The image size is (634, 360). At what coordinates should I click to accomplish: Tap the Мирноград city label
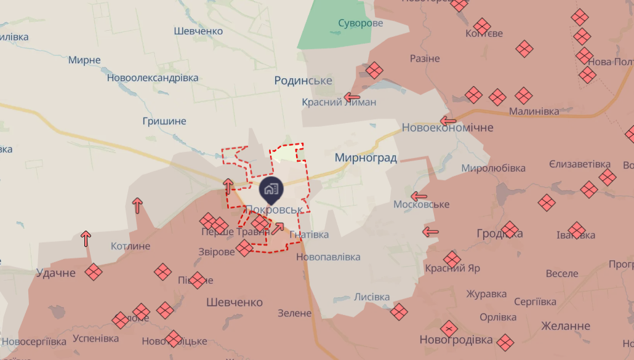pos(366,158)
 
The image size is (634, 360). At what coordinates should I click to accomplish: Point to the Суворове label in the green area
pos(360,23)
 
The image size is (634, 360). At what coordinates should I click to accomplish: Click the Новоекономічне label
pos(447,127)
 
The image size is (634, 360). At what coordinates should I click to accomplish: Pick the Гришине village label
pos(164,121)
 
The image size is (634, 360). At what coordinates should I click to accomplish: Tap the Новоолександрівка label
pos(153,78)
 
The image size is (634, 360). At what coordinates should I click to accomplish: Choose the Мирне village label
pos(84,60)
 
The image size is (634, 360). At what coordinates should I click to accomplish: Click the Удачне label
pos(55,273)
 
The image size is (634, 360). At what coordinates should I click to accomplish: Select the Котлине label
pos(130,246)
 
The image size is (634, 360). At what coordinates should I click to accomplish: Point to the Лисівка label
pos(372,297)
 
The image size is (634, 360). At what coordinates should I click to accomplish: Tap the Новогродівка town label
pos(456,340)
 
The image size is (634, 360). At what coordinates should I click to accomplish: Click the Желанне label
pos(566,326)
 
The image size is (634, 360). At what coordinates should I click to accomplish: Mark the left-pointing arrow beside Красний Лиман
pos(352,97)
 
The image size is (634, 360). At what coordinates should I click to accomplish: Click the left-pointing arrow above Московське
pos(419,197)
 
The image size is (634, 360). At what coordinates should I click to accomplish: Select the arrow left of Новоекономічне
pos(448,121)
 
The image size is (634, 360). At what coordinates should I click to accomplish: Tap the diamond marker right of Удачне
pos(94,272)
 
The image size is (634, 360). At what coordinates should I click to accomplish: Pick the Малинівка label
pos(534,111)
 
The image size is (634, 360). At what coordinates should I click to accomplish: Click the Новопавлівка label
pos(328,256)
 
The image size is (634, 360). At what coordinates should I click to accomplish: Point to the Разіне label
pos(425,58)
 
